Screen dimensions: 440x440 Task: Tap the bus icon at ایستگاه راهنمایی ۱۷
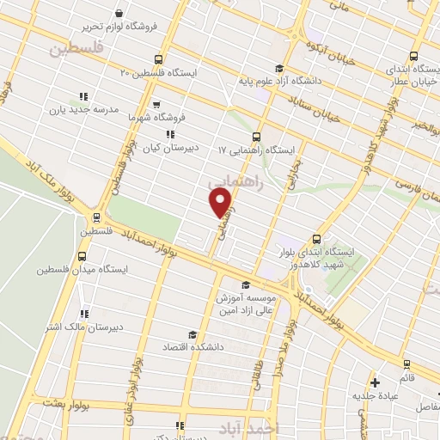pyautogui.click(x=256, y=137)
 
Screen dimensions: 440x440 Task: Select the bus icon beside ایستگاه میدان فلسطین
pyautogui.click(x=82, y=255)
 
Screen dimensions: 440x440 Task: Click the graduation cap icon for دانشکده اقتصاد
pyautogui.click(x=192, y=334)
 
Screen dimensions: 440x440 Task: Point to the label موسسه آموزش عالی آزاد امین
pyautogui.click(x=253, y=302)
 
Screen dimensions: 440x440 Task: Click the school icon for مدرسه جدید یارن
pyautogui.click(x=82, y=97)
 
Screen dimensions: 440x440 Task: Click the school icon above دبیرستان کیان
pyautogui.click(x=170, y=134)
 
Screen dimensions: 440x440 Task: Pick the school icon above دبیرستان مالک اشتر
pyautogui.click(x=83, y=314)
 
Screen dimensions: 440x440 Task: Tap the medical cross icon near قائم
pyautogui.click(x=374, y=382)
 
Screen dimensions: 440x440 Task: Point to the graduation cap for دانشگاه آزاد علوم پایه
pyautogui.click(x=277, y=70)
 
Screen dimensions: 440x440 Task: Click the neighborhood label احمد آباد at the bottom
pyautogui.click(x=275, y=428)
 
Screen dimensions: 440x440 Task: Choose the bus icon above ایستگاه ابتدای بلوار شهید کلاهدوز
pyautogui.click(x=316, y=239)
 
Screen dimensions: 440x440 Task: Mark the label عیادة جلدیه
pyautogui.click(x=374, y=395)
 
